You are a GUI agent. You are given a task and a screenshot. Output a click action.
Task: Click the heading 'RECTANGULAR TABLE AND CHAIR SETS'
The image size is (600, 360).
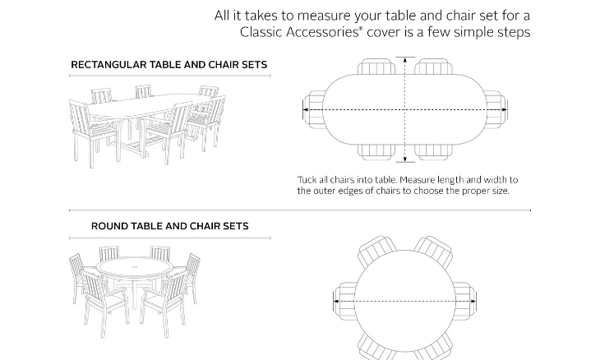(168, 65)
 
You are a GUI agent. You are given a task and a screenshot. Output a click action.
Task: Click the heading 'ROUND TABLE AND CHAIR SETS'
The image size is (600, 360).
(170, 226)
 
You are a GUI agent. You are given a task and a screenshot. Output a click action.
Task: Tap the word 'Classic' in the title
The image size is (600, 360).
(261, 32)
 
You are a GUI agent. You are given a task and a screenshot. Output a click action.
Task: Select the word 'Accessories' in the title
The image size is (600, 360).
(322, 32)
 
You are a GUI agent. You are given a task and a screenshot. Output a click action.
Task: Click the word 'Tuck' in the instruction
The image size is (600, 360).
(307, 180)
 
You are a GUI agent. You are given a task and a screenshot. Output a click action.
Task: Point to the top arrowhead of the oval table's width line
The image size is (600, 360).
(405, 60)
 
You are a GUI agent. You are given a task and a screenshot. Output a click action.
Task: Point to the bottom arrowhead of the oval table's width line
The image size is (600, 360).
(405, 159)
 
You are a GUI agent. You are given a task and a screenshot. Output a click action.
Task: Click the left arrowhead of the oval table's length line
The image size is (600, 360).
(306, 109)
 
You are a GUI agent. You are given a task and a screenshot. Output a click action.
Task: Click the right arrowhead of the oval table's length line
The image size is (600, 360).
(504, 109)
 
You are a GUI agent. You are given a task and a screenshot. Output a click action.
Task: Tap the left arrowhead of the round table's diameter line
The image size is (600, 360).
(336, 301)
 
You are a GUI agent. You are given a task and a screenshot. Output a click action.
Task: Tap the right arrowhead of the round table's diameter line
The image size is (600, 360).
(473, 301)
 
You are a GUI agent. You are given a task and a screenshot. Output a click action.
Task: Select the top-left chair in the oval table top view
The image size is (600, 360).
(376, 67)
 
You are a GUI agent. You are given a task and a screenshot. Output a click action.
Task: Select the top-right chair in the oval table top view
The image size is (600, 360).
(433, 67)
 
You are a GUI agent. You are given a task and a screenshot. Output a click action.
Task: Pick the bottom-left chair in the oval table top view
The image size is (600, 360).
(376, 152)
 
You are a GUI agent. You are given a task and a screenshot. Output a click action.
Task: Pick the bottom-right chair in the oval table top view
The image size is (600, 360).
(433, 152)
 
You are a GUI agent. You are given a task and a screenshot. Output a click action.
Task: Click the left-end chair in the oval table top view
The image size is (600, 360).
(314, 109)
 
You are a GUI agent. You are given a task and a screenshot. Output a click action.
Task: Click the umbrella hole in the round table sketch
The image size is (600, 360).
(135, 266)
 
